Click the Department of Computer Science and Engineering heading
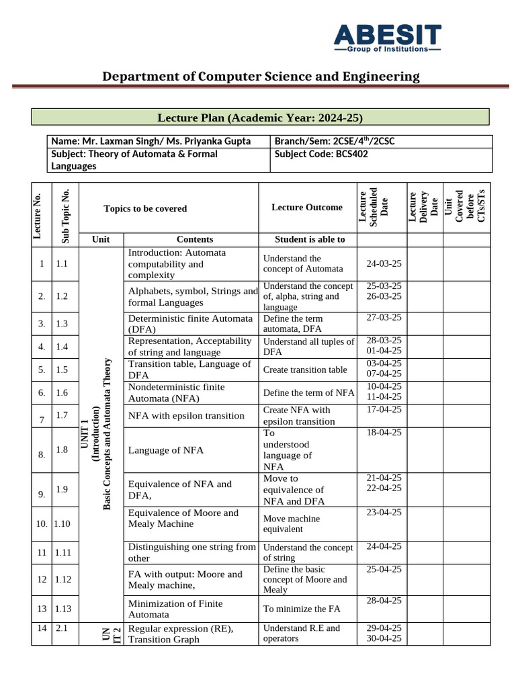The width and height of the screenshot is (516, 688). click(x=261, y=77)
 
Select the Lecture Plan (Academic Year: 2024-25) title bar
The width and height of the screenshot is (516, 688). click(x=260, y=118)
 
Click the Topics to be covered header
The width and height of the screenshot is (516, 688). click(x=145, y=208)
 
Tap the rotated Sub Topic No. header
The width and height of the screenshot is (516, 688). click(x=66, y=215)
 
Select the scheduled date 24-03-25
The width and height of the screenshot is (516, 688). click(x=384, y=264)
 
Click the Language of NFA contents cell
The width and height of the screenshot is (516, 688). click(x=165, y=450)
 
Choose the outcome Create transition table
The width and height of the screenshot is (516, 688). click(x=305, y=370)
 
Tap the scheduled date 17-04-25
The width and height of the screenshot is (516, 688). click(x=384, y=409)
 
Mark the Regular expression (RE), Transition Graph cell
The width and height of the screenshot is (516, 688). click(x=180, y=634)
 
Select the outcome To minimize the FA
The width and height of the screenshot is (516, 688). click(x=302, y=609)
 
